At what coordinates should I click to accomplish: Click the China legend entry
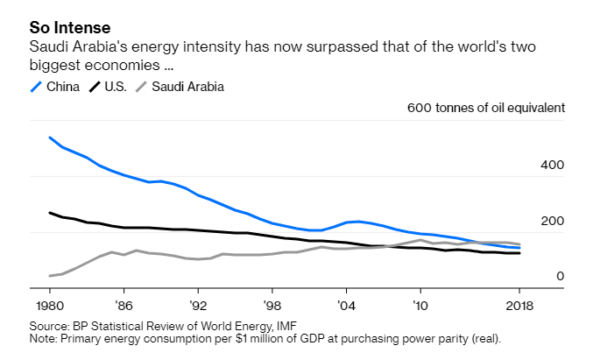61,87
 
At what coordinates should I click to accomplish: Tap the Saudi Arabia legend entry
187,87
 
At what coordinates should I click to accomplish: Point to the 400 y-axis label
554,165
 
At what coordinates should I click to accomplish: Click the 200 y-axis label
554,221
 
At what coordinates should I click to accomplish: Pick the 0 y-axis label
560,277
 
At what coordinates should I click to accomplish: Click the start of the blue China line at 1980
50,138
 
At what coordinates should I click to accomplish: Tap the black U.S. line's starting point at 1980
50,212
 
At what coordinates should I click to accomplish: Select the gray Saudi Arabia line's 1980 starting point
50,276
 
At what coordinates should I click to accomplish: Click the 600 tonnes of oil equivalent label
486,108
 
